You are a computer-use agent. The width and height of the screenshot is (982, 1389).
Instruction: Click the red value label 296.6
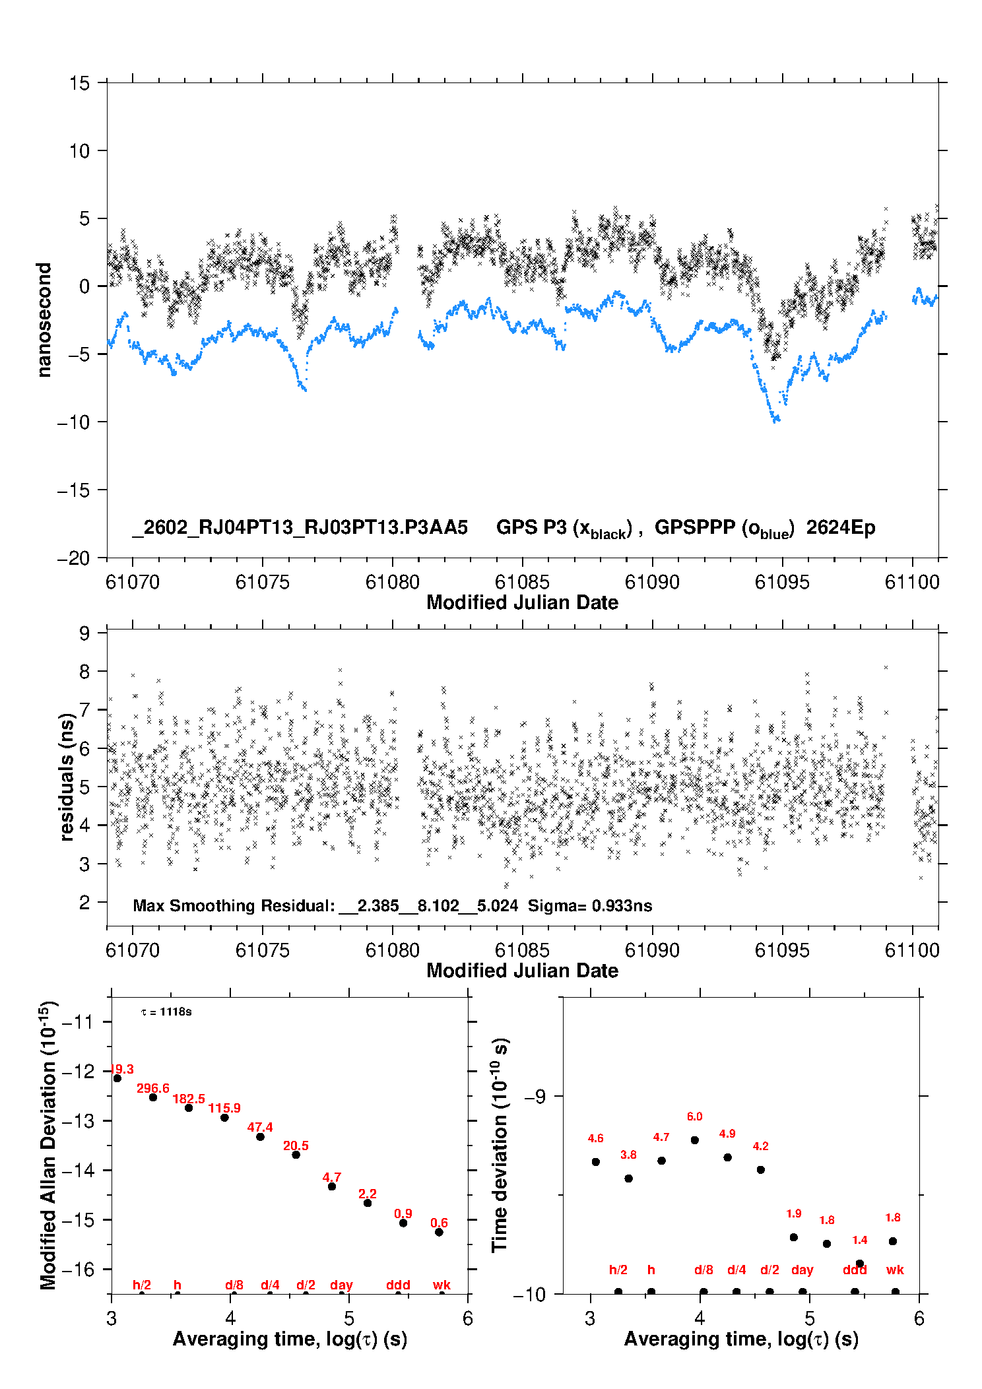pos(152,1088)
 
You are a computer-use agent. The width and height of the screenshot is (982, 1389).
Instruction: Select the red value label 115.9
pos(224,1108)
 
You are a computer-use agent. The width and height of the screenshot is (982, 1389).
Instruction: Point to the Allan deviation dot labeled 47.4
pos(260,1136)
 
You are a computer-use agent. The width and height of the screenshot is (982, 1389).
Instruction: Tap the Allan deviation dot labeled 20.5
pos(296,1155)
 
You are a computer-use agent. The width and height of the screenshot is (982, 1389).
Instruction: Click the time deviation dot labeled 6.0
pos(694,1140)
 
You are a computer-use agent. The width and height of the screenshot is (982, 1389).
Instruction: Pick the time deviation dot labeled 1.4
pos(859,1263)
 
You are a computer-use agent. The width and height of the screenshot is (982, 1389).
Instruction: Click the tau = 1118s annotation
pos(166,1012)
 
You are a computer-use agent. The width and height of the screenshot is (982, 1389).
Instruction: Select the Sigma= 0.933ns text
pos(589,905)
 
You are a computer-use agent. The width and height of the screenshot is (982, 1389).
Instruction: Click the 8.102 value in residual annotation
pos(438,905)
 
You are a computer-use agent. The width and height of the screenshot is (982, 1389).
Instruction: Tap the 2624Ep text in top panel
pos(840,527)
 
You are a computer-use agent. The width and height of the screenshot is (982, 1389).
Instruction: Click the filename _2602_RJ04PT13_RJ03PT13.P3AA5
pos(300,527)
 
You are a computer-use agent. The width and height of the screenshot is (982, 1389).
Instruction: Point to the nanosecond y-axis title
pos(44,319)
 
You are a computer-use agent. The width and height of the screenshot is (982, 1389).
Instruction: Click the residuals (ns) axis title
pos(66,777)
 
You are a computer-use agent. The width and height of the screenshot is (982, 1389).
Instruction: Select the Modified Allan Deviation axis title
pos(48,1144)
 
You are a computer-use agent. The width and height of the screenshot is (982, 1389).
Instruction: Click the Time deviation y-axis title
pos(499,1144)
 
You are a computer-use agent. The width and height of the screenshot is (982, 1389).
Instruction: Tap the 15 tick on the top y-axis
pos(79,83)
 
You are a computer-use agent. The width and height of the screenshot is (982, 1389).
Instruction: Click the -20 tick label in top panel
pos(73,558)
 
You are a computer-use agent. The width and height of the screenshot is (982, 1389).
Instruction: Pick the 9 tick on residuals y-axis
pos(84,633)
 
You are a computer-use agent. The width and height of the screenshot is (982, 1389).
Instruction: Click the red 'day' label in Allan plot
pos(341,1285)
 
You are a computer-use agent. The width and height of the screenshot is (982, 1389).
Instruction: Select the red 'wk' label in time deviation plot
pos(895,1270)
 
